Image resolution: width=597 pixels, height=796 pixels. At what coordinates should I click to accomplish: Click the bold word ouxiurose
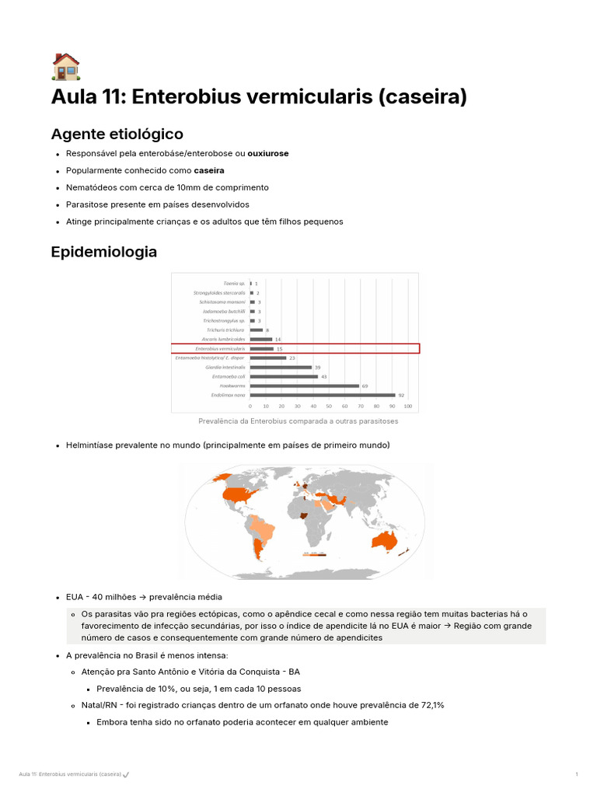click(267, 153)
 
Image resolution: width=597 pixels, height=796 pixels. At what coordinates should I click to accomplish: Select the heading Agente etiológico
click(117, 134)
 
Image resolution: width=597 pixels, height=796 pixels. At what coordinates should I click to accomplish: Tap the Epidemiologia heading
click(103, 252)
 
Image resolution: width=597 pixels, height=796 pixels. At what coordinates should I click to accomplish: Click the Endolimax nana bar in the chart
click(323, 395)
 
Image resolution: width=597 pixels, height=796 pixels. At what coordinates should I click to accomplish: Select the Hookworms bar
click(305, 386)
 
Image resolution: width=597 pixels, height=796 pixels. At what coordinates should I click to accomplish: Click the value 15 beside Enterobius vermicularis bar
click(278, 349)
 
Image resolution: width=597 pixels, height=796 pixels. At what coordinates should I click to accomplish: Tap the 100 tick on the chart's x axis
click(407, 406)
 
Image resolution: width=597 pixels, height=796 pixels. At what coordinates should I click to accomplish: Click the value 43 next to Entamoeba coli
click(324, 377)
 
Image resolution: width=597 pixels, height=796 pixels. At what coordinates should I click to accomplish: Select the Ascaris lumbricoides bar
click(261, 340)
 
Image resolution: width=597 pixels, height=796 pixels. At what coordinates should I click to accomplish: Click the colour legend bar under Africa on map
click(314, 554)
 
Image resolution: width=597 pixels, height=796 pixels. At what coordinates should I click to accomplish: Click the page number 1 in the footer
click(576, 774)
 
